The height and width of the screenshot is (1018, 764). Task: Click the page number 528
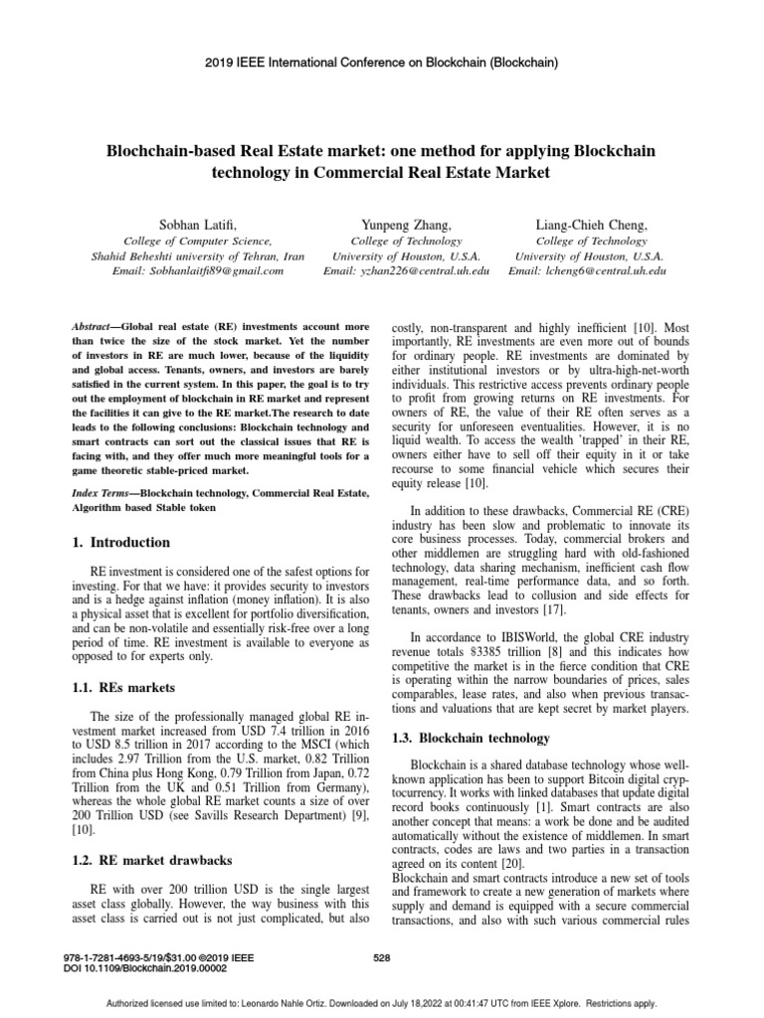click(381, 957)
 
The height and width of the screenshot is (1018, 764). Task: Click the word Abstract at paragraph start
click(96, 326)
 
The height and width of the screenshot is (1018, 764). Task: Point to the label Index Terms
click(102, 493)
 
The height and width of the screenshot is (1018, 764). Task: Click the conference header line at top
click(381, 62)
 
